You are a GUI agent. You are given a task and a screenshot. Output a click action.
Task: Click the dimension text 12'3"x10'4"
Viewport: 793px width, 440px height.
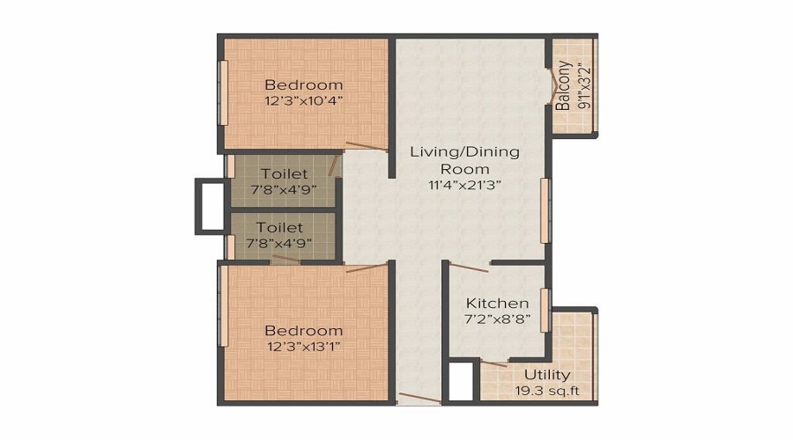coord(303,100)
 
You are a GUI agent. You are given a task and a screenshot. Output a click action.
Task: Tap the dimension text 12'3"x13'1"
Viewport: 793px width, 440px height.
coord(303,346)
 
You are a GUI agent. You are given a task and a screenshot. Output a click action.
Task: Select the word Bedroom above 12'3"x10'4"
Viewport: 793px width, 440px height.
coord(303,85)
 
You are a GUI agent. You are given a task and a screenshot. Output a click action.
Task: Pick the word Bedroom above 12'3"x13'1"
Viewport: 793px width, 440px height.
coord(303,330)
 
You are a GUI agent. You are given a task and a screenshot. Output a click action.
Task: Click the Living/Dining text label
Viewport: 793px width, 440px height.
coord(464,151)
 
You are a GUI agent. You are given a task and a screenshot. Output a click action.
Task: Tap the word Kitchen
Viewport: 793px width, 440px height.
coord(497,304)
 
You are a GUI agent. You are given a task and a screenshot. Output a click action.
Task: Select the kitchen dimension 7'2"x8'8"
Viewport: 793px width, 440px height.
coord(497,319)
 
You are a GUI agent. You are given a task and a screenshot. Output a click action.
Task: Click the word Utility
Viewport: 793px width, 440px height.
coord(546,375)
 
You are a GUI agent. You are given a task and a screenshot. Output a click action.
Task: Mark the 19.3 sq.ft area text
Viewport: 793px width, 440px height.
coord(546,391)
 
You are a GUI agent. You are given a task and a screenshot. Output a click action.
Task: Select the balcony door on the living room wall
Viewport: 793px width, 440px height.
coord(551,84)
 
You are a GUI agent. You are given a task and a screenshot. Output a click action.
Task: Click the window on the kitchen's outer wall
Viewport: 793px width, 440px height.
coord(545,310)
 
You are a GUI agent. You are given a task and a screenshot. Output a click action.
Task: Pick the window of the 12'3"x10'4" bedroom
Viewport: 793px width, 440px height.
coord(224,92)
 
